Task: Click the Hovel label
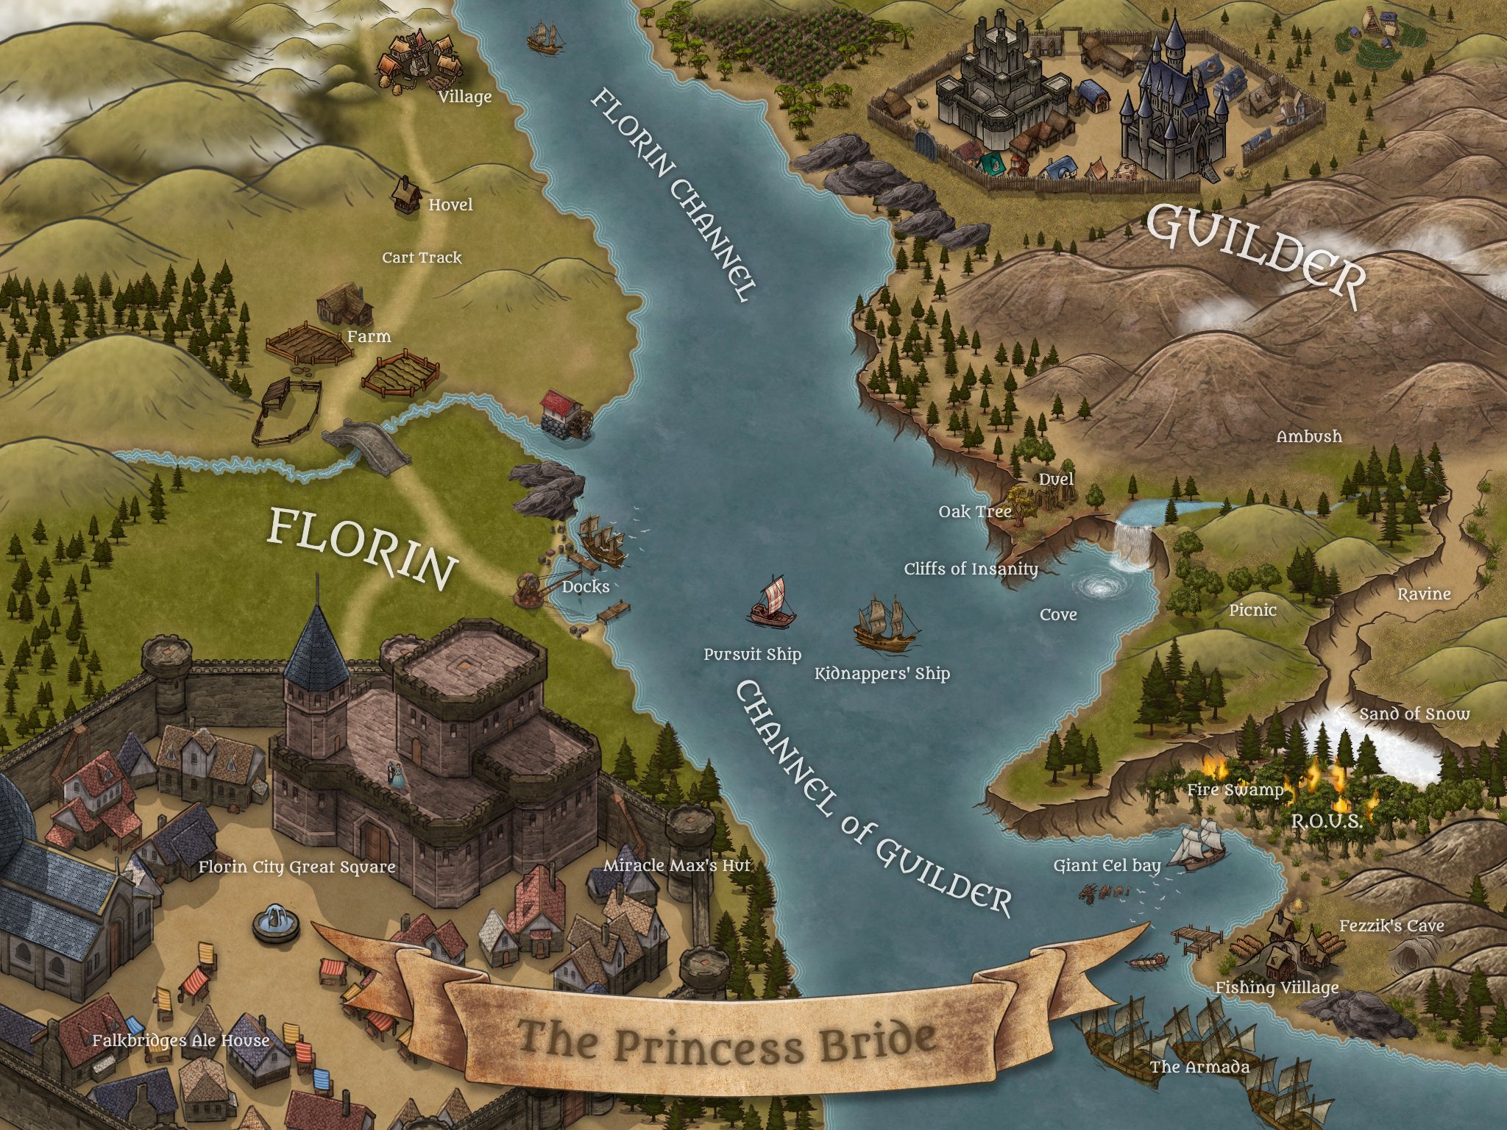(450, 205)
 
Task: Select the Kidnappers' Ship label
(882, 673)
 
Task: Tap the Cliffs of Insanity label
(971, 569)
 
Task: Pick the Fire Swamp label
(1235, 790)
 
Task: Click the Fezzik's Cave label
(1391, 925)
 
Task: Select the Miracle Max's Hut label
(676, 866)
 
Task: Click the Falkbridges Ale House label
(180, 1040)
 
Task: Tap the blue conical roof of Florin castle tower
(316, 647)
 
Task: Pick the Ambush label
(1308, 436)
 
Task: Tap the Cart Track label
(422, 257)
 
